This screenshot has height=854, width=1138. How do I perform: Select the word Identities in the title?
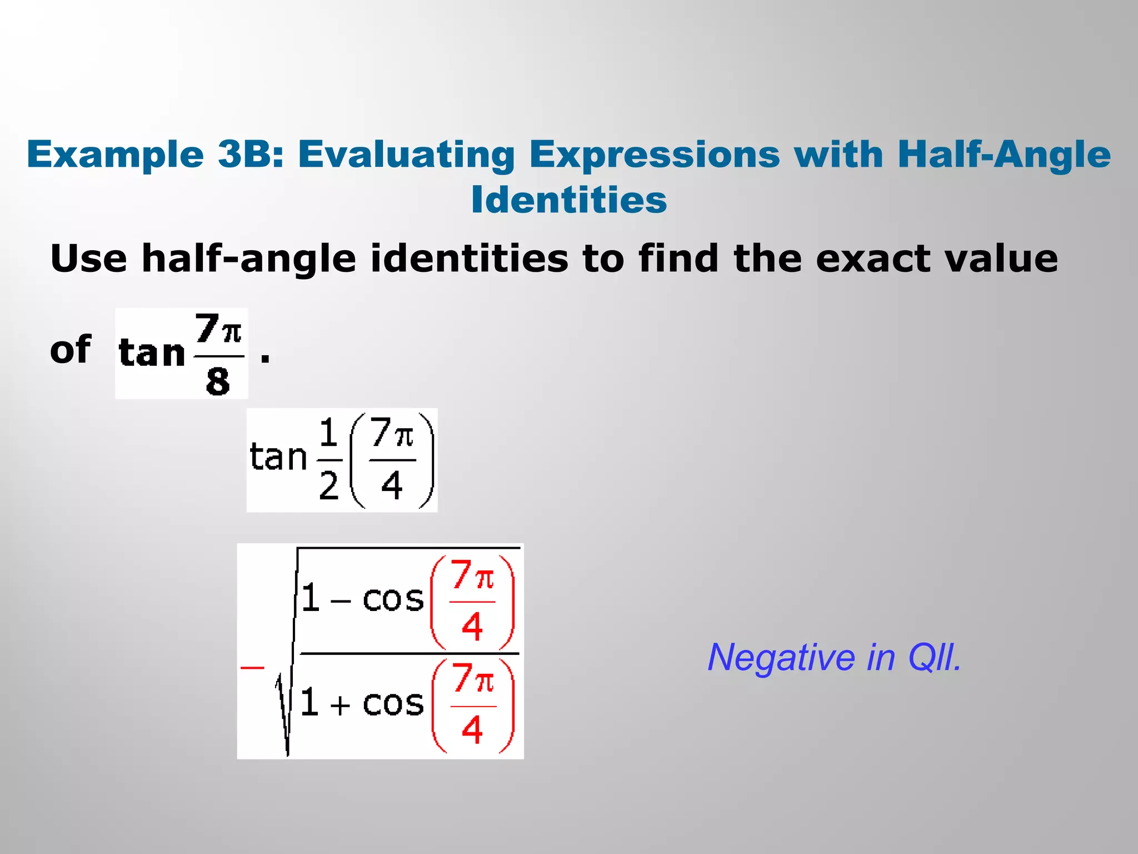(x=568, y=200)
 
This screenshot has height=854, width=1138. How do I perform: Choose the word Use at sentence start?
(x=88, y=259)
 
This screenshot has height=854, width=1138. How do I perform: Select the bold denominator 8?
(x=218, y=382)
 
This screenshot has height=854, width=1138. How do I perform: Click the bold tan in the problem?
(x=152, y=353)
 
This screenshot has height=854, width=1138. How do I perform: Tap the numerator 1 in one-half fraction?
(x=329, y=433)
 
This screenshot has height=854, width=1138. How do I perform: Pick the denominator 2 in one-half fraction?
(x=329, y=485)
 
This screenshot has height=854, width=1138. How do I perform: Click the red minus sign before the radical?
(x=252, y=667)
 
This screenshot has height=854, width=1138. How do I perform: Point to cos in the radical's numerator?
(x=393, y=599)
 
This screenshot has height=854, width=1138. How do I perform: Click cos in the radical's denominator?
(x=393, y=704)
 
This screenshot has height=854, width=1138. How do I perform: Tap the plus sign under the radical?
(x=340, y=706)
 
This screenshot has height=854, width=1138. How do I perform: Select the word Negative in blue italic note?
(x=781, y=658)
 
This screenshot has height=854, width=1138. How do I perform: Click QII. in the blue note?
(x=934, y=658)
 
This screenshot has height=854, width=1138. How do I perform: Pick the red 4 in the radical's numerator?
(x=472, y=627)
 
